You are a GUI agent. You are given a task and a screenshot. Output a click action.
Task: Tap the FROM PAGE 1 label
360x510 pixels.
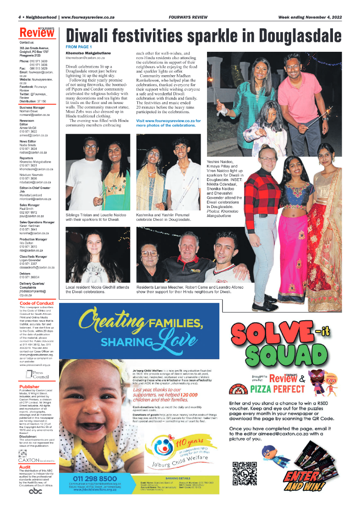79,47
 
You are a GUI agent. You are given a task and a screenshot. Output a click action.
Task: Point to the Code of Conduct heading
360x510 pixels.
37,303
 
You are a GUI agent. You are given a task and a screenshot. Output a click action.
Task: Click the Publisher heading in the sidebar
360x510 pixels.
29,387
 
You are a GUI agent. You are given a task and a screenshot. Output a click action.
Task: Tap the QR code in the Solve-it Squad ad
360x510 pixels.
245,473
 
